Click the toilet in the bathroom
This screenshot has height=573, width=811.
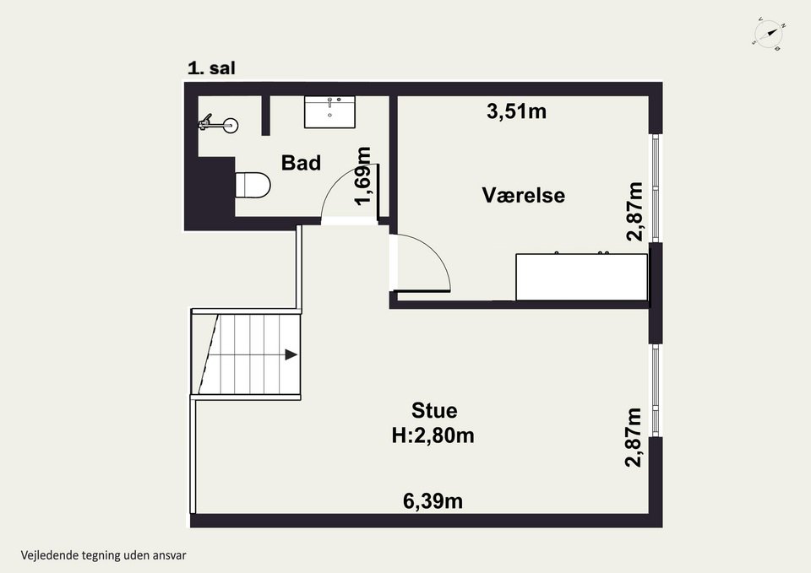point(253,185)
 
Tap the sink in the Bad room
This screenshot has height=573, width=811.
point(329,111)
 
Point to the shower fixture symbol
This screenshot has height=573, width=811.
point(218,124)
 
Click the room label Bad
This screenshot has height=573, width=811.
point(301,163)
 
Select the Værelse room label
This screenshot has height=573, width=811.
point(524,195)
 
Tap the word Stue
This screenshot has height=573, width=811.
point(434,410)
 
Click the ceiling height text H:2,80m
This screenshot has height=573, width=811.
point(433,435)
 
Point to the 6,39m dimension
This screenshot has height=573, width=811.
point(433,500)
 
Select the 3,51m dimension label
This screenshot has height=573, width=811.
point(517,111)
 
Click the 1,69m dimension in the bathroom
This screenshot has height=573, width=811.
point(363,176)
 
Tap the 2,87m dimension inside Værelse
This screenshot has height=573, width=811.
point(634,212)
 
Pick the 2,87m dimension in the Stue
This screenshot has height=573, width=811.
point(634,437)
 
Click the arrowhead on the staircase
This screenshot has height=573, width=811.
point(291,355)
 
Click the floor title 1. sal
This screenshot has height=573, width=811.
point(211,68)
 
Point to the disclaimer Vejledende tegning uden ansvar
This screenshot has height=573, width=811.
point(103,555)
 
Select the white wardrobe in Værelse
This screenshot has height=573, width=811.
point(582,277)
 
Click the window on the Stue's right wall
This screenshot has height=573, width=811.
point(656,391)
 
